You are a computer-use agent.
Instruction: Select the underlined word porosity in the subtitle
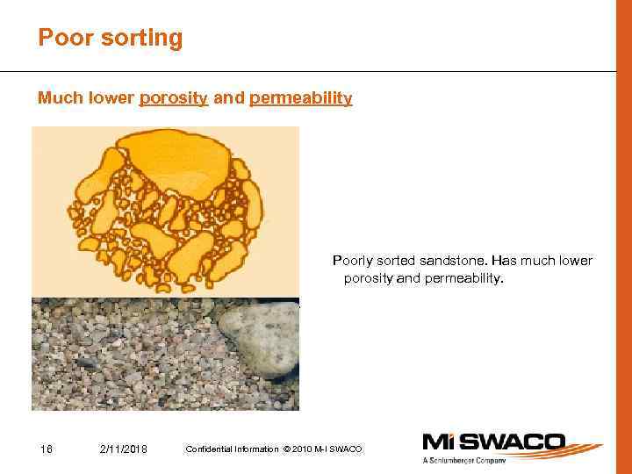tap(173, 98)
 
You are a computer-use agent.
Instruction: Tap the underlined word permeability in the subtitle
tap(300, 98)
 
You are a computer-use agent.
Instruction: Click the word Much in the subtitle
tap(59, 98)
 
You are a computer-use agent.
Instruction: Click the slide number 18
tap(47, 449)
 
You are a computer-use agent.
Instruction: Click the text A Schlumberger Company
tap(463, 460)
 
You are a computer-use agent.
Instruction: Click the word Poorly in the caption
tap(349, 261)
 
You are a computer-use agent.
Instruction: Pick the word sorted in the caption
tap(397, 261)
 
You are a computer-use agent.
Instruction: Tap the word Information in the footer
tap(254, 449)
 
